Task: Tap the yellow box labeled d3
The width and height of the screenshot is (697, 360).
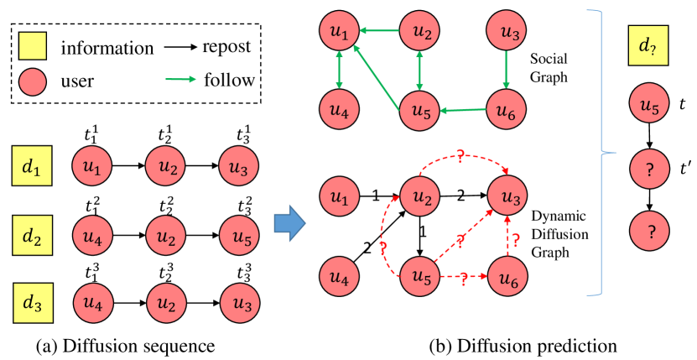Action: coord(33,302)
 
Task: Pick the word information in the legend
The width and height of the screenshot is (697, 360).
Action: coord(107,49)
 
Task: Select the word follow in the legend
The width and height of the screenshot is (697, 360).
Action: coord(229,81)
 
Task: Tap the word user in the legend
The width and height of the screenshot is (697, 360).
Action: coord(77,81)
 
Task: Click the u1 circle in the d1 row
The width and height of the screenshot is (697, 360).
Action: coord(93,168)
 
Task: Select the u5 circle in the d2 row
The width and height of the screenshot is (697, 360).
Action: coord(241,237)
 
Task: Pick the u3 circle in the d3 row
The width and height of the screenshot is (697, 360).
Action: coord(241,302)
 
